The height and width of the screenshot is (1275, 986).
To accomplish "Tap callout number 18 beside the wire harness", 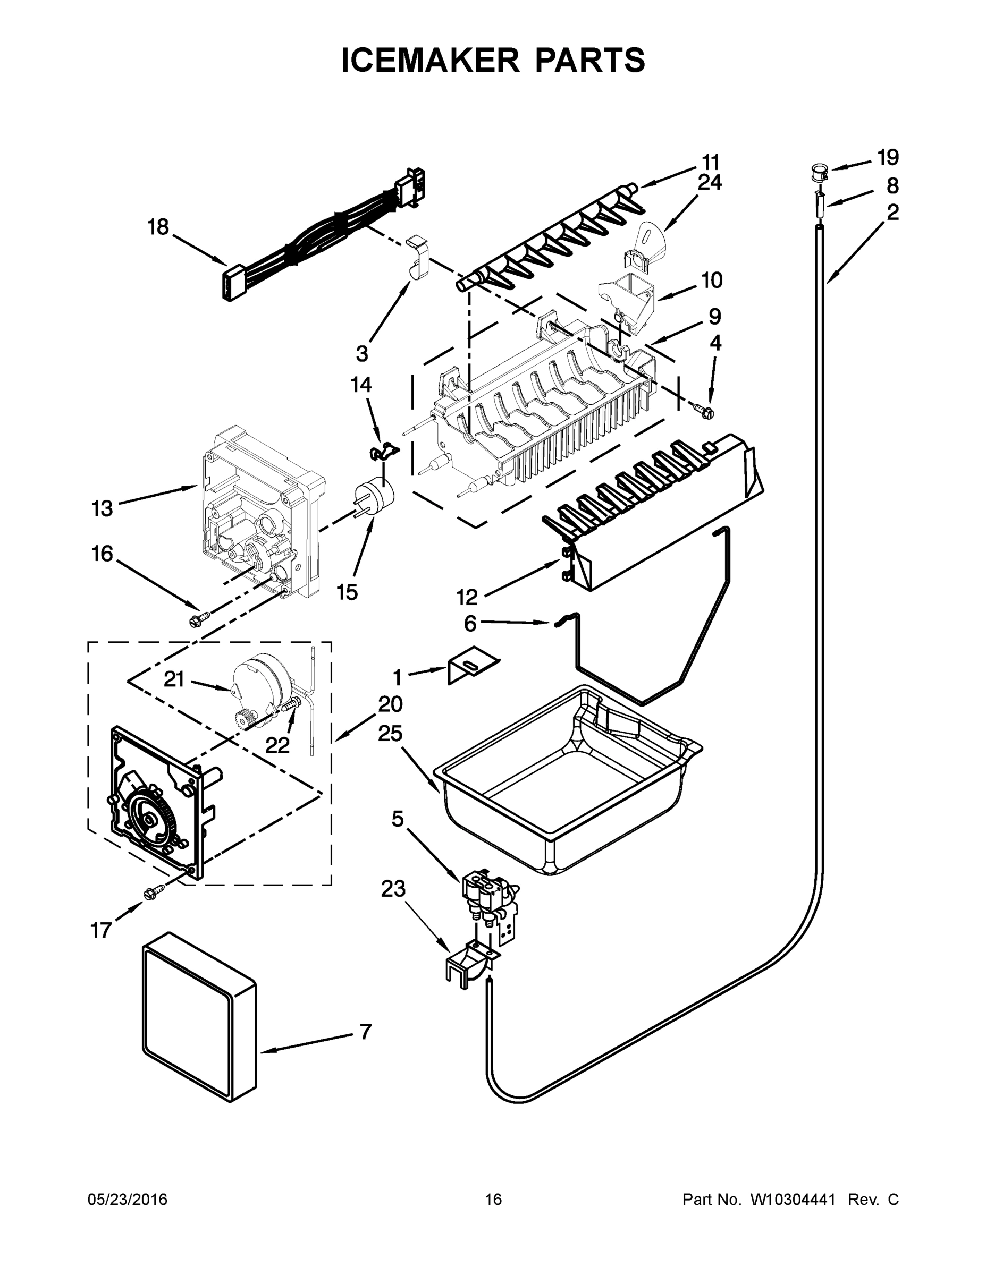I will [158, 227].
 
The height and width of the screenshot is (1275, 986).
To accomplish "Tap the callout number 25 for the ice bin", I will [390, 734].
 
